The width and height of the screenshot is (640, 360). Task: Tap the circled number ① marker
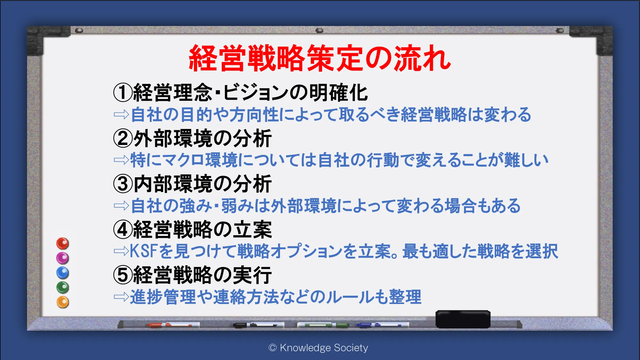[123, 92]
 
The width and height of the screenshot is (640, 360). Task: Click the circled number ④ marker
[123, 229]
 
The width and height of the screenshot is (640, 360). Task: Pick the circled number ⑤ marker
[123, 275]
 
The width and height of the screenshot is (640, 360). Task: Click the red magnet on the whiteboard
[63, 244]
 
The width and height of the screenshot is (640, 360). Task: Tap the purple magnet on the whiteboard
[63, 258]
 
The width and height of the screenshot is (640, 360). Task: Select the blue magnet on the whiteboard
[63, 273]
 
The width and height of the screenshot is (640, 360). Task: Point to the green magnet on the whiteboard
[63, 288]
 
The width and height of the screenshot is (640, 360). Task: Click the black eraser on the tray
[463, 319]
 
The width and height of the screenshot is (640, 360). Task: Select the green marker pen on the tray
[323, 325]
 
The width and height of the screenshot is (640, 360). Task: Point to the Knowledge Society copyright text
[318, 348]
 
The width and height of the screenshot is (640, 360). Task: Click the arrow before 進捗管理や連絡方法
[121, 297]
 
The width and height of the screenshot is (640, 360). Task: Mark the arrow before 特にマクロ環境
[121, 160]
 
